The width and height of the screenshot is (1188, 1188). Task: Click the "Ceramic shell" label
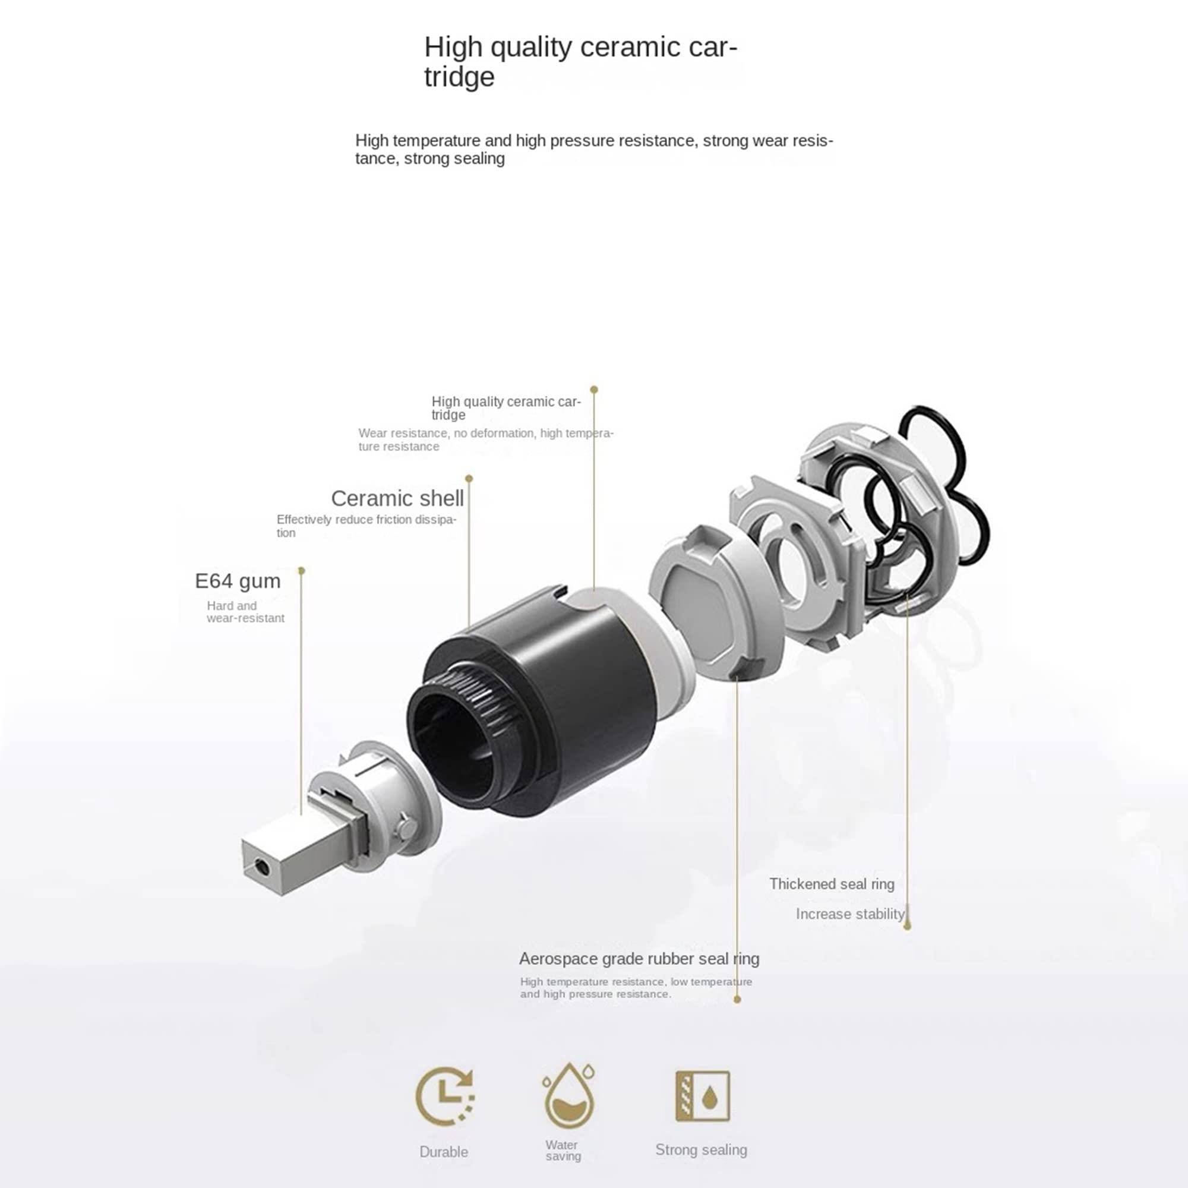(397, 498)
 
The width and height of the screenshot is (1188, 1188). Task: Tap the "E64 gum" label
(238, 581)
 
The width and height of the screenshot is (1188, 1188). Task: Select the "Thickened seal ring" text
(832, 884)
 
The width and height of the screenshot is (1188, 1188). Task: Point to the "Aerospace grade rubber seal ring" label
(639, 959)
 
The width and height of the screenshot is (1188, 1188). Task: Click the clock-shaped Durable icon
(444, 1096)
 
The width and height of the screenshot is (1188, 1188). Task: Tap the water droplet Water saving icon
(569, 1095)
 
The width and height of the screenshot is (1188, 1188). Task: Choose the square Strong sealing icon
(702, 1096)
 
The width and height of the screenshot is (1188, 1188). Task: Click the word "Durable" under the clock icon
(443, 1152)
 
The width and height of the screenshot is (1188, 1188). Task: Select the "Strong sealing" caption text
(701, 1150)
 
